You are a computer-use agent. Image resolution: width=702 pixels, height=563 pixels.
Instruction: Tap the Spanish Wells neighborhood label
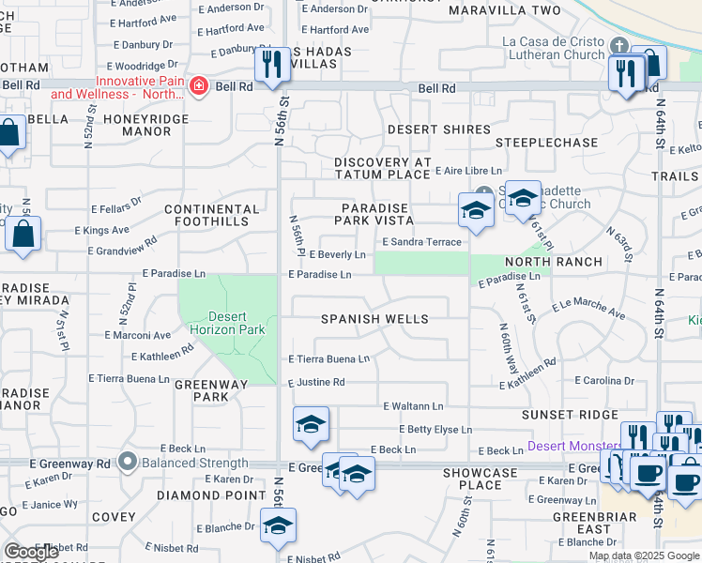pos(374,319)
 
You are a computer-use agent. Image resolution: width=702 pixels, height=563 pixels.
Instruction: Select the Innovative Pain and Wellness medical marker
pos(199,87)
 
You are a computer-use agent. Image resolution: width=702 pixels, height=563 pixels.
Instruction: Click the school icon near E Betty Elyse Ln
pos(311,425)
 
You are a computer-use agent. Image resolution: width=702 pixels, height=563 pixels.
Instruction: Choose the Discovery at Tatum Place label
pos(382,169)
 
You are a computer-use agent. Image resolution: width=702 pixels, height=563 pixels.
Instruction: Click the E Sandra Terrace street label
pos(421,242)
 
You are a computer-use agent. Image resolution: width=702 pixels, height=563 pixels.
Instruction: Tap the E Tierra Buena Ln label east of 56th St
pos(328,359)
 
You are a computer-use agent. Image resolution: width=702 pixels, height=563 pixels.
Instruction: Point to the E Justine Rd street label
pos(316,382)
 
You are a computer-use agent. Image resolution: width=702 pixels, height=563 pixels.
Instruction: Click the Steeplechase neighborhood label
pos(546,143)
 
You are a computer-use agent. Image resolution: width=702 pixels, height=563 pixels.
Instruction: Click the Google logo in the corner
pos(31,553)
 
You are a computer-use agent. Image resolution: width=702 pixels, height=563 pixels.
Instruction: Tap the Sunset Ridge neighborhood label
pos(572,415)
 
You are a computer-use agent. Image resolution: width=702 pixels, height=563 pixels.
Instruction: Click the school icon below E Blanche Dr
pos(278,527)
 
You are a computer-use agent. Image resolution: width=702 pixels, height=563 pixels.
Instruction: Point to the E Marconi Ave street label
pos(138,335)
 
